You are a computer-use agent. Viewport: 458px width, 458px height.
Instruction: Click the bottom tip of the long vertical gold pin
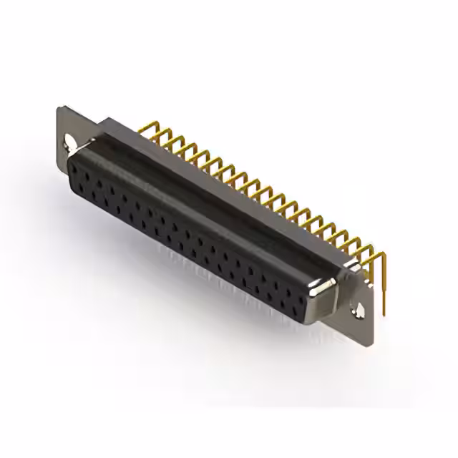pos(384,313)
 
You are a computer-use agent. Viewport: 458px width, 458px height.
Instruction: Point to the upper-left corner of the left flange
pos(59,109)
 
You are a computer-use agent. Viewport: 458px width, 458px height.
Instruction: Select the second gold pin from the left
pos(160,134)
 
